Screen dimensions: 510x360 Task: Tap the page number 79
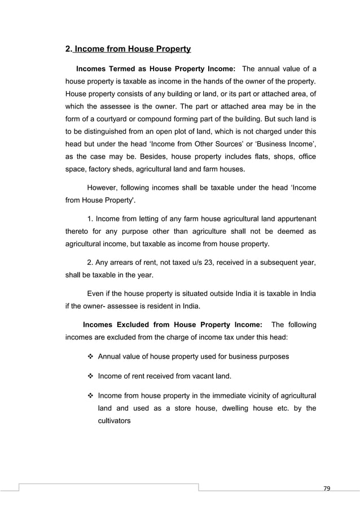[324, 488]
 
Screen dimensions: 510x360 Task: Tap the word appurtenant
[292, 218]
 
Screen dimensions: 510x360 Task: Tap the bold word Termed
[120, 69]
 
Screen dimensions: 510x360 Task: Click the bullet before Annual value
[90, 356]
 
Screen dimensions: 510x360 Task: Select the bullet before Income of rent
[90, 376]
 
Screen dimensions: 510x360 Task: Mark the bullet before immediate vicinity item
[90, 395]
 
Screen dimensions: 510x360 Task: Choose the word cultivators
[115, 421]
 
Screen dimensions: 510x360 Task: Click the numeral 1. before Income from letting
[90, 218]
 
